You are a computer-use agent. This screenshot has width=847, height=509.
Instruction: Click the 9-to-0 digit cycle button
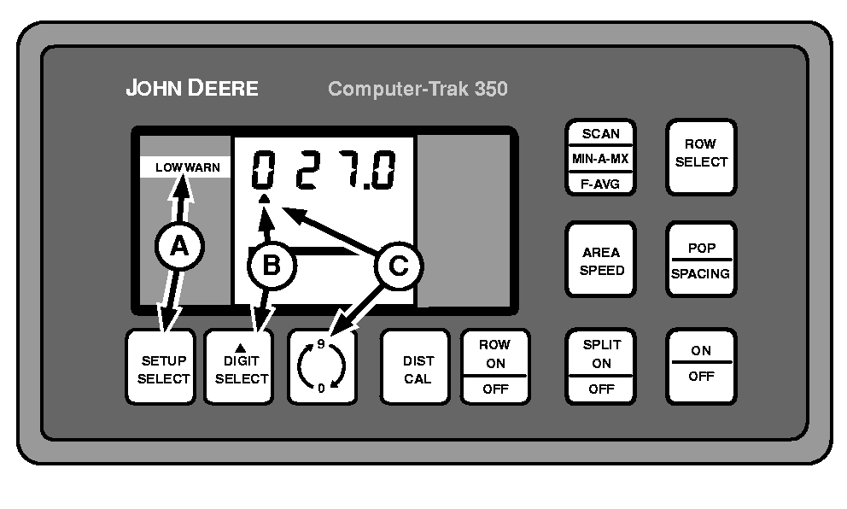tap(322, 367)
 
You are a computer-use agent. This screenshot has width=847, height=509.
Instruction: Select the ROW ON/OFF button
tap(494, 367)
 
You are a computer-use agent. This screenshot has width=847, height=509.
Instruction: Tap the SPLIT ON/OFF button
tap(601, 367)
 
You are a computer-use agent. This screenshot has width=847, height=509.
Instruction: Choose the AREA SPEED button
tap(601, 260)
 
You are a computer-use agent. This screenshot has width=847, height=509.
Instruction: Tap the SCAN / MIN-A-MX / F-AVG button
tap(601, 158)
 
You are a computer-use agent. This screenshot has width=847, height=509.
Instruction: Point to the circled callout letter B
tap(270, 266)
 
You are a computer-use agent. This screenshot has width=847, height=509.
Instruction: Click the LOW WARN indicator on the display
tap(185, 168)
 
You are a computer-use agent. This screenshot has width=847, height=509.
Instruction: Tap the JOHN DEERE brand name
tap(192, 88)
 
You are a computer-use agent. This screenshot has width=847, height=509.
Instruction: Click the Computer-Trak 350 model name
tap(418, 88)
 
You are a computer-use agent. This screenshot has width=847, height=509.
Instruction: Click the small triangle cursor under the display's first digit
tap(265, 199)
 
